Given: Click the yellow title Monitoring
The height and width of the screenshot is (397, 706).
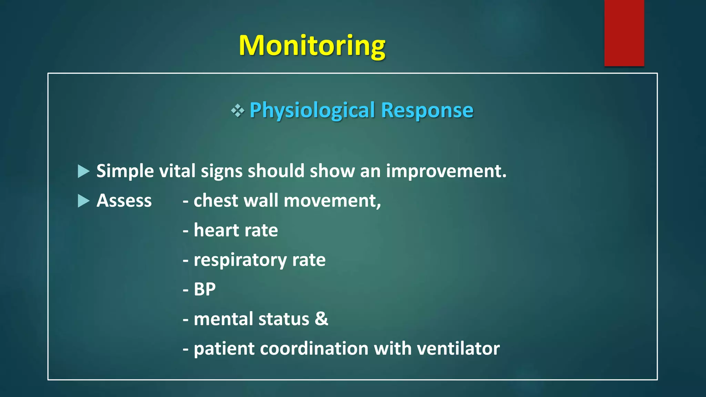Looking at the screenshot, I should click(x=312, y=45).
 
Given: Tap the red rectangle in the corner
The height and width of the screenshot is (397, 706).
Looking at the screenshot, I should click(x=624, y=33).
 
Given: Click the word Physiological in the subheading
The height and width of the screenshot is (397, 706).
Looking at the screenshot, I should click(x=312, y=110).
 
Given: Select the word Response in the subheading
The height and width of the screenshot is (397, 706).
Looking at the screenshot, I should click(x=427, y=110).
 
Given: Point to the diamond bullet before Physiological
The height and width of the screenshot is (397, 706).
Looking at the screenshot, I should click(x=238, y=111).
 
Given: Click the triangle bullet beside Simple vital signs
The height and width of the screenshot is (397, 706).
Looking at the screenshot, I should click(x=83, y=171).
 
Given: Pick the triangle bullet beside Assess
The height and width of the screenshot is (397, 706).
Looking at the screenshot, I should click(x=83, y=201).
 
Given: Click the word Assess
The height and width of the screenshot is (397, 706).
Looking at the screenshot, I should click(x=124, y=201).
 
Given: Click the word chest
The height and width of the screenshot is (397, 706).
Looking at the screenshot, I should click(x=215, y=201).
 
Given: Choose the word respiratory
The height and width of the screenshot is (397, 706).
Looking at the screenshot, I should click(x=240, y=260).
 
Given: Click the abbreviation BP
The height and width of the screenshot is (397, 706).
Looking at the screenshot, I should click(x=204, y=289).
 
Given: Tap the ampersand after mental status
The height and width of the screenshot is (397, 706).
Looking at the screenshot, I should click(x=321, y=319).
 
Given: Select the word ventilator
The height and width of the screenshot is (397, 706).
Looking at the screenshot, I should click(x=458, y=348).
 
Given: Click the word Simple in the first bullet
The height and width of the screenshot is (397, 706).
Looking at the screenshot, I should click(x=125, y=171).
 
